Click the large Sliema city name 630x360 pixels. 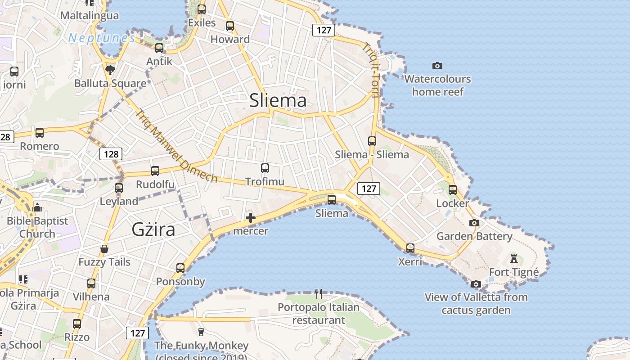278,100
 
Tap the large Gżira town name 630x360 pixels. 153,229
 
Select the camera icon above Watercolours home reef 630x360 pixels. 437,66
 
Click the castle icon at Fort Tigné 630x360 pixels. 513,259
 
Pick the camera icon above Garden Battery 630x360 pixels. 474,223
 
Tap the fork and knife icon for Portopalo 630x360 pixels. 319,294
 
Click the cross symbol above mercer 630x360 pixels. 251,218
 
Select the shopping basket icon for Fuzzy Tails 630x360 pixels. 104,249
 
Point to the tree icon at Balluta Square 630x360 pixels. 110,70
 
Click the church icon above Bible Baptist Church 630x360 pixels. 37,207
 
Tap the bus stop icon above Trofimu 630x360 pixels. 265,168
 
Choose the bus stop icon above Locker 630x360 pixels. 453,190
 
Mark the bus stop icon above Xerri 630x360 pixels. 410,248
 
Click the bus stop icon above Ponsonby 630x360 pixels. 180,268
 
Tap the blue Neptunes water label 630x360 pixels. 102,38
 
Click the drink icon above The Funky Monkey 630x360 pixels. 201,332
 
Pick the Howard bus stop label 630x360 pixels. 230,39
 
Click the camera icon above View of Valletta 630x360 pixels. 476,284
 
